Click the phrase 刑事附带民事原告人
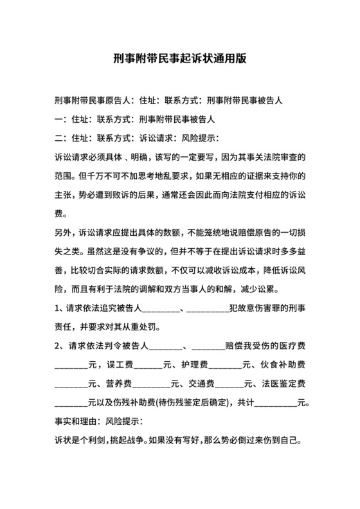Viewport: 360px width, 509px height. tap(93, 101)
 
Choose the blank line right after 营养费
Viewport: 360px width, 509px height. tap(152, 384)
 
